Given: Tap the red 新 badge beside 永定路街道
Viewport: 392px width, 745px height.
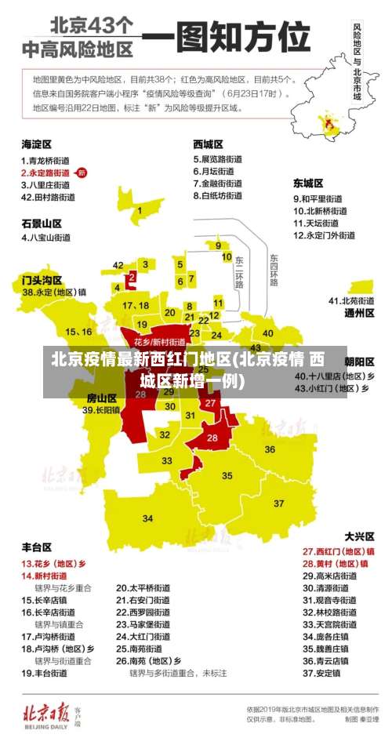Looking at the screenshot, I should [x=82, y=173].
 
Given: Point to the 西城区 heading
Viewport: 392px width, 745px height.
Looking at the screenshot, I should [x=208, y=144].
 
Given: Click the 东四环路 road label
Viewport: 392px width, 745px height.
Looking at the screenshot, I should [x=274, y=271].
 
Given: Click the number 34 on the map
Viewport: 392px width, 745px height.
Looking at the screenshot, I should [x=147, y=518].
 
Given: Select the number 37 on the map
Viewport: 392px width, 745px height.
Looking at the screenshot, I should [x=278, y=502].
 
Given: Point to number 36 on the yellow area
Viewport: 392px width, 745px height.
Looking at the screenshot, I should [x=270, y=449].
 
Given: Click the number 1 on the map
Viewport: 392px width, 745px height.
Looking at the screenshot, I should [x=140, y=210].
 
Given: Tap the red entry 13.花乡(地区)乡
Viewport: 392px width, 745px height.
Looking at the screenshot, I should [x=54, y=563].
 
